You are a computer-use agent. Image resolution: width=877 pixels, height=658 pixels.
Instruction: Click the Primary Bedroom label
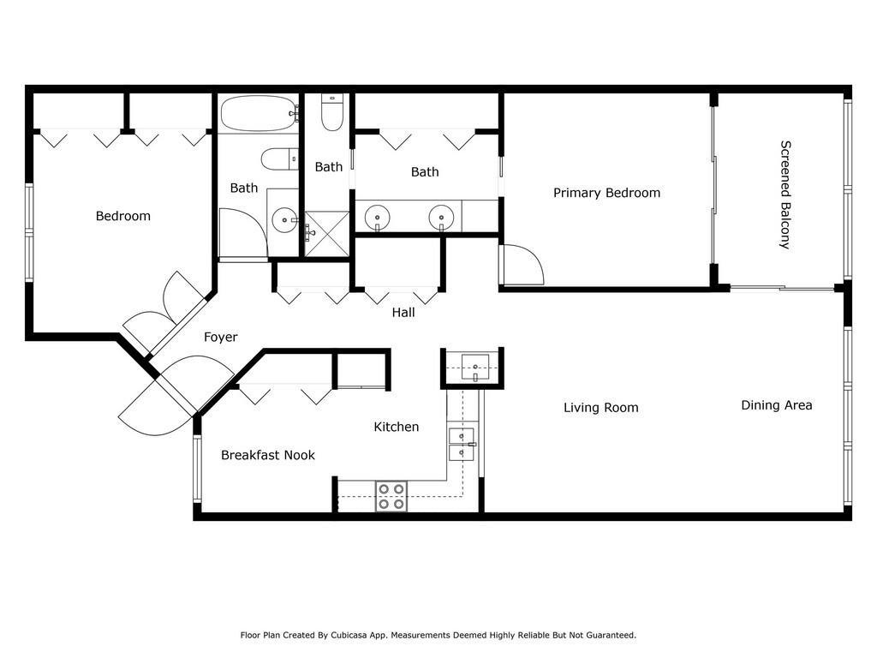tap(606, 193)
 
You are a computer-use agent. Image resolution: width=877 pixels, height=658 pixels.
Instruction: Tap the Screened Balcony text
tap(785, 194)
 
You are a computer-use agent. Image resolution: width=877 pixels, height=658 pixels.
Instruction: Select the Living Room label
tap(600, 408)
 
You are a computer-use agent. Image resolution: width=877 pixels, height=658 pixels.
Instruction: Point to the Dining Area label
tap(776, 405)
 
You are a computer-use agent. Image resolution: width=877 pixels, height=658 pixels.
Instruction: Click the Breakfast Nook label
tap(268, 455)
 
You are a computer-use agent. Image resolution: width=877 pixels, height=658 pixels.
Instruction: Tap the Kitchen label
tap(396, 427)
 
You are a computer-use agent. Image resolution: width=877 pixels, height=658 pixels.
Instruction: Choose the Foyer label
tap(220, 337)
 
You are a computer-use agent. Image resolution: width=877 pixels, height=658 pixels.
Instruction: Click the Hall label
tap(403, 312)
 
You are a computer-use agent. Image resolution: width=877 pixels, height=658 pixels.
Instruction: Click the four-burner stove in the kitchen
tap(391, 496)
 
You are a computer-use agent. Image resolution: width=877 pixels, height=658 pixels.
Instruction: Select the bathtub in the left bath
tap(259, 114)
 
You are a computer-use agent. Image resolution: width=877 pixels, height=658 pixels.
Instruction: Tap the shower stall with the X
tap(326, 234)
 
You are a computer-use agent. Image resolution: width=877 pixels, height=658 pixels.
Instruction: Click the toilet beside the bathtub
tap(280, 159)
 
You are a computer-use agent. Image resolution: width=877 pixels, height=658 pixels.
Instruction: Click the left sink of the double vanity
tap(378, 217)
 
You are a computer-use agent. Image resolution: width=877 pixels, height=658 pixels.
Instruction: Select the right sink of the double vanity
tap(441, 217)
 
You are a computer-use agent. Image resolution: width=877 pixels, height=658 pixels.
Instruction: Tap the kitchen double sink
tap(462, 445)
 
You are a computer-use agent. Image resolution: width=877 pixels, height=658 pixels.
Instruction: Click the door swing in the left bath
tap(243, 234)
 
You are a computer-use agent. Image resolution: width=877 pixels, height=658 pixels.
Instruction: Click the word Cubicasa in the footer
tap(349, 635)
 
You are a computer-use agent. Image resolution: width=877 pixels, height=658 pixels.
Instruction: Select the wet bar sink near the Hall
tap(474, 368)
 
